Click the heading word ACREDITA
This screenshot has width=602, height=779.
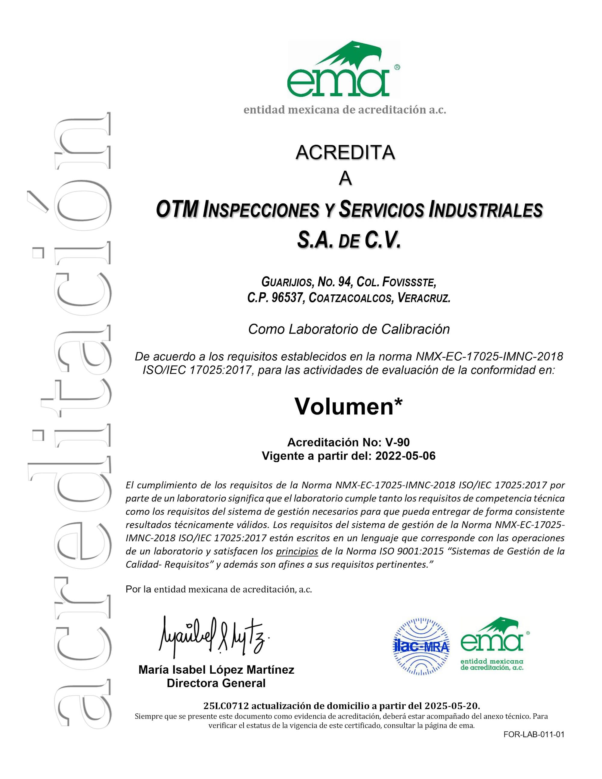pos(345,153)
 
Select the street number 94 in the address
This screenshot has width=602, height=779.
pos(345,282)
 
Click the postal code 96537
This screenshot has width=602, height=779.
pos(287,298)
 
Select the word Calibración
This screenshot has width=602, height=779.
pos(415,329)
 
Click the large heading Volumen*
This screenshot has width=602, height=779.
pos(349,406)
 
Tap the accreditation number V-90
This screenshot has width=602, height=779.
pos(397,442)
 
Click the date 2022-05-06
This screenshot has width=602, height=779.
pos(405,456)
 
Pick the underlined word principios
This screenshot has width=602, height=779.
pos(297,551)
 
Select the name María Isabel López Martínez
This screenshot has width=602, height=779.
pos(216,670)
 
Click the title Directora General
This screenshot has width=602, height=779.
pos(216,683)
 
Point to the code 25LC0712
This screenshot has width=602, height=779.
pos(225,706)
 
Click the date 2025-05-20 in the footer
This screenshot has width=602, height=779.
pos(452,706)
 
